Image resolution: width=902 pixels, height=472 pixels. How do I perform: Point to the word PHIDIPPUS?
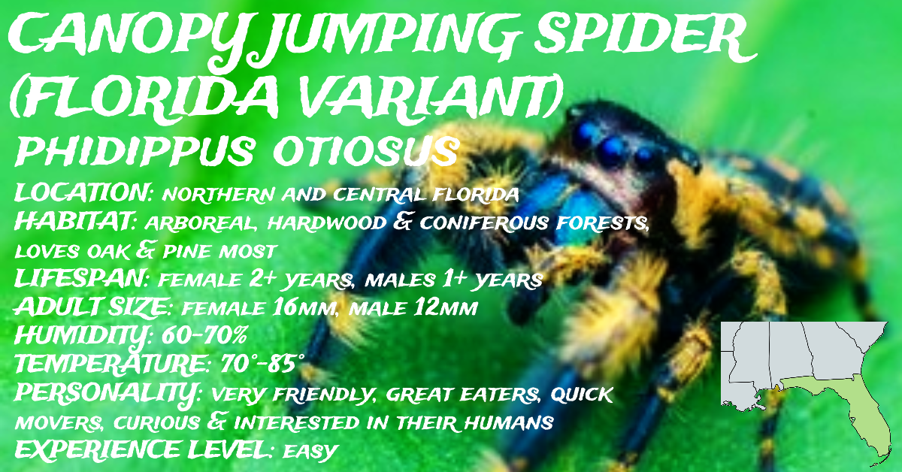135,151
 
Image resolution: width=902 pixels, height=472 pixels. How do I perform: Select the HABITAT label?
75,221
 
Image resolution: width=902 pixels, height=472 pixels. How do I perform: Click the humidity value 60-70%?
204,334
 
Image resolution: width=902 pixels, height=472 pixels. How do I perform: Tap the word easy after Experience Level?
310,452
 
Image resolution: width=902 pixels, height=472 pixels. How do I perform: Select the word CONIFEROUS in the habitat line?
483,222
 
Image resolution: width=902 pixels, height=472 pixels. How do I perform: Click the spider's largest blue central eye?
611,150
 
